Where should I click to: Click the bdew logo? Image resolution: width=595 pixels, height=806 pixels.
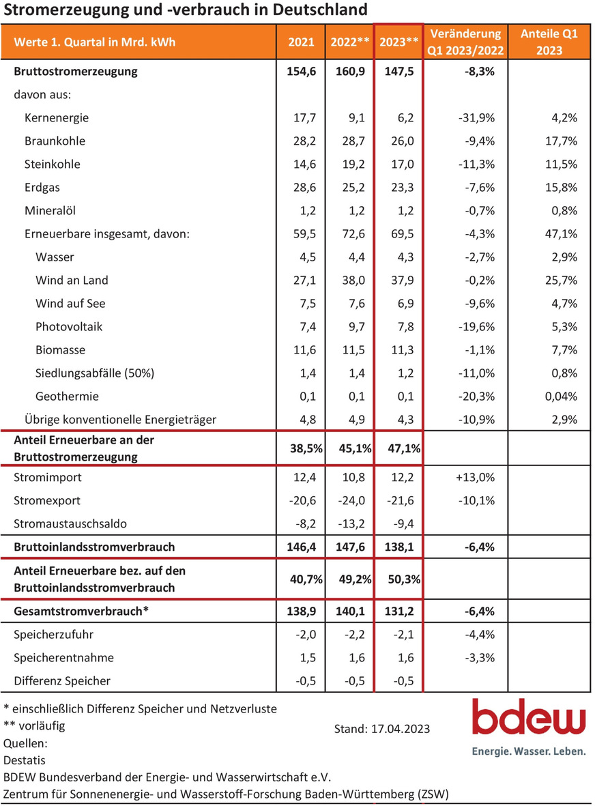coord(529,726)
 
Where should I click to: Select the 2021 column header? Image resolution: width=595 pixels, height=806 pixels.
coord(301,42)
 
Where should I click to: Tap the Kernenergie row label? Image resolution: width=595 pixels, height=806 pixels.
coord(57,117)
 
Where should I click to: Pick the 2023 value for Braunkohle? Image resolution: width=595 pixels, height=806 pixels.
coord(403,141)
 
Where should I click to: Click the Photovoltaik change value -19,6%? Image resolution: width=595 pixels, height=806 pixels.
coord(476,326)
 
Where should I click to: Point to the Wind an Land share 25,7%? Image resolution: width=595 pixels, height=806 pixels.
coord(561,280)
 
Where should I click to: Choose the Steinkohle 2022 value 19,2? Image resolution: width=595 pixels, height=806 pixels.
coord(353,164)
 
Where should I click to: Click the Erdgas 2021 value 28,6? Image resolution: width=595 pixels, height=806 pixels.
coord(305,187)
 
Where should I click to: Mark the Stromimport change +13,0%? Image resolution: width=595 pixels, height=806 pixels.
coord(476,477)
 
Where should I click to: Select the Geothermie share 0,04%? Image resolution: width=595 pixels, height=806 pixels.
coord(561,397)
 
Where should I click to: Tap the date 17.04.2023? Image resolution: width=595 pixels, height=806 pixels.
coord(401,728)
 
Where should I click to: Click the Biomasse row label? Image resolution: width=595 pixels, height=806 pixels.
coord(60,350)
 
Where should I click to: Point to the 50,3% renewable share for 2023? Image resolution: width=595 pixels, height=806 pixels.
coord(404,579)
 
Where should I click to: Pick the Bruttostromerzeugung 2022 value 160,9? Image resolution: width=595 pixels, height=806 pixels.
coord(351,71)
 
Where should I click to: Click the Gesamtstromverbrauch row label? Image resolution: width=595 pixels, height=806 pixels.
coord(81,611)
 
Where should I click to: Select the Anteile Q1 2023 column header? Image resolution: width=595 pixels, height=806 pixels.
coord(549,42)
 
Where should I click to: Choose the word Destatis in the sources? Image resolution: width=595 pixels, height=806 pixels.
coord(24,760)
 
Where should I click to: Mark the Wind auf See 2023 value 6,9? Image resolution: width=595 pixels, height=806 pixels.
coord(405,303)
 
